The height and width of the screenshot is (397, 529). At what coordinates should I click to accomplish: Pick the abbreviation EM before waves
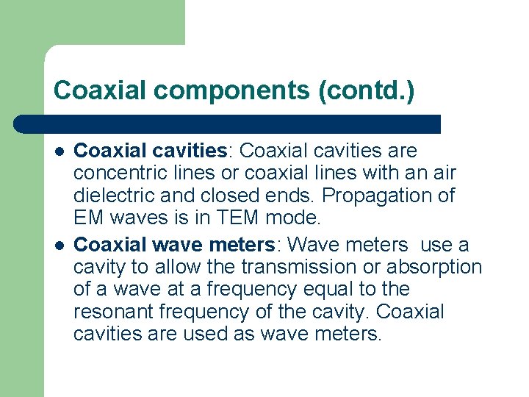pyautogui.click(x=90, y=218)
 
